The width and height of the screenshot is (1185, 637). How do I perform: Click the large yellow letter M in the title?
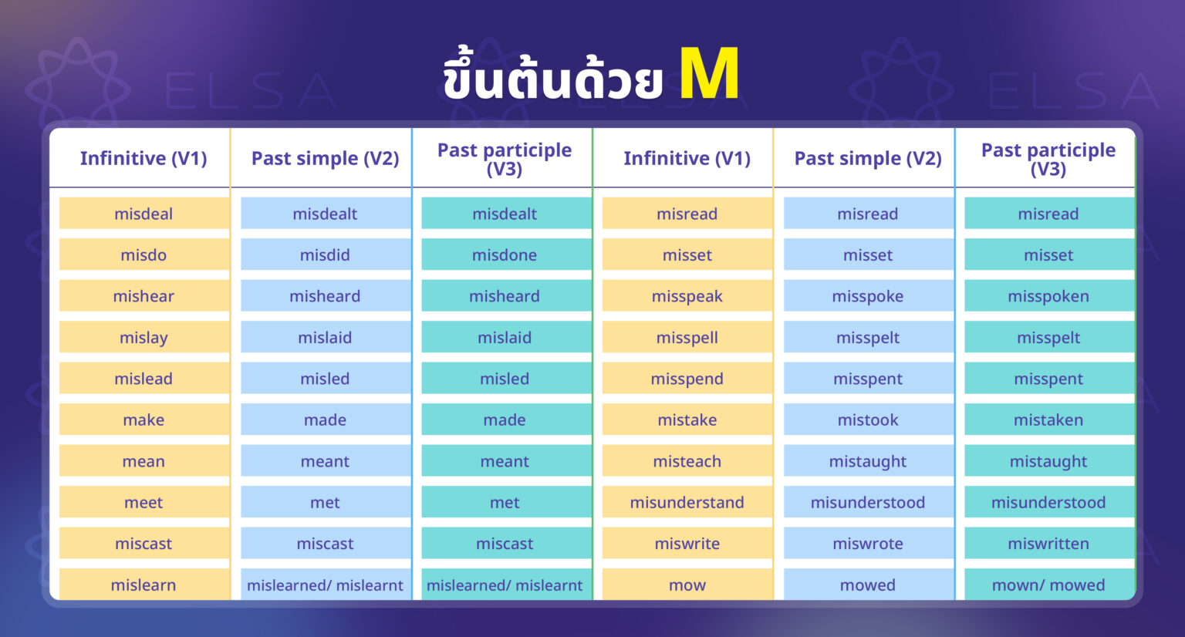(709, 74)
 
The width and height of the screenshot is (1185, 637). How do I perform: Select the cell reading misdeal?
(143, 214)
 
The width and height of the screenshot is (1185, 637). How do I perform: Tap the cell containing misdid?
(325, 254)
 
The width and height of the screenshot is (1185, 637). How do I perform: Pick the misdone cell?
(505, 254)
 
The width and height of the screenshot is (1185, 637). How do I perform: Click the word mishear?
(143, 296)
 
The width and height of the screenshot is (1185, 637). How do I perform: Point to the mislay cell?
(143, 337)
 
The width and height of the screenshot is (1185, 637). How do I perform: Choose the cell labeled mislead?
(143, 379)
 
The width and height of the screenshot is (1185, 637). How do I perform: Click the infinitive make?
(143, 420)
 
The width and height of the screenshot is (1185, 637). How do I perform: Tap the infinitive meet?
(143, 502)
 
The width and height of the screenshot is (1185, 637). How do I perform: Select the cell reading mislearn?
(143, 585)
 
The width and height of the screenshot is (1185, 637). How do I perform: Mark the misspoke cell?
(867, 296)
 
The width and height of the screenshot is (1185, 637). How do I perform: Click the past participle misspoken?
(1048, 296)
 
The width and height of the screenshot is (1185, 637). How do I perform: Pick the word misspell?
(687, 337)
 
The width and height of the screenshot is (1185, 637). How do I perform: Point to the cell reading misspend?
(687, 379)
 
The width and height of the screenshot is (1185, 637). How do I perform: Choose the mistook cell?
(867, 420)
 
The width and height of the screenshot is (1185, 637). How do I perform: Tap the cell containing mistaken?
(1048, 420)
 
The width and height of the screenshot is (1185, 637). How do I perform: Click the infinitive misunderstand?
(687, 502)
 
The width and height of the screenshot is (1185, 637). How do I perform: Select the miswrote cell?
(867, 544)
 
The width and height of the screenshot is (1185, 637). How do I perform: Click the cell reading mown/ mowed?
(1048, 585)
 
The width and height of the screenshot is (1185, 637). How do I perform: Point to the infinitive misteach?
(687, 461)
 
